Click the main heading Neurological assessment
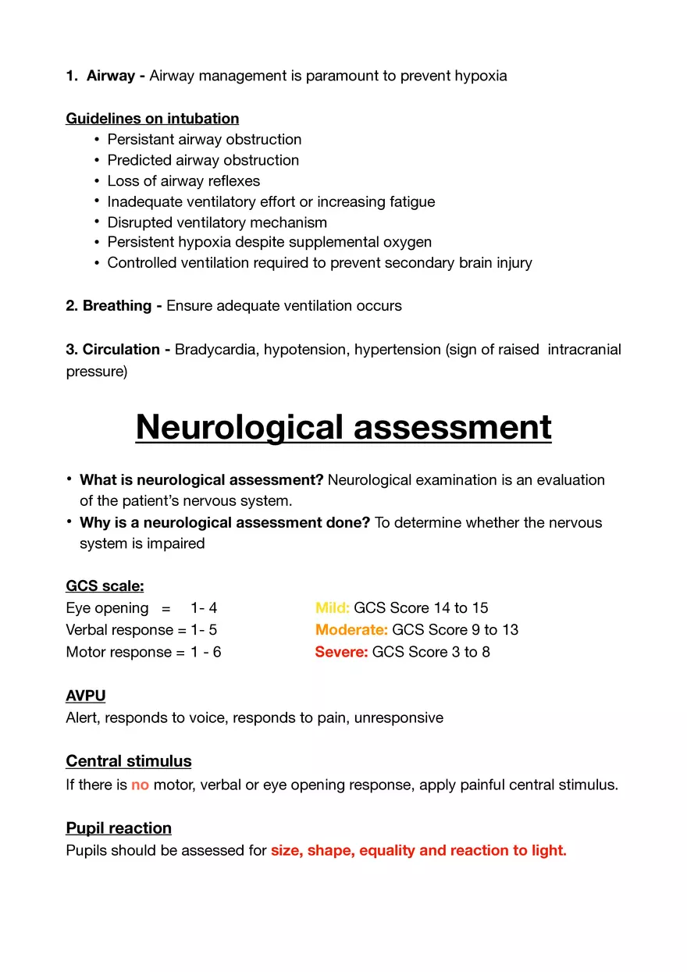343,427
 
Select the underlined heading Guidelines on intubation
152,119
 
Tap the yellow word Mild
332,608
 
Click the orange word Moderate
351,630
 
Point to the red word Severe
341,652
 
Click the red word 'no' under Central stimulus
140,785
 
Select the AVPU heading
86,695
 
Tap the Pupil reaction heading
119,828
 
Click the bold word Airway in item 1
111,76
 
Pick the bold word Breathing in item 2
118,306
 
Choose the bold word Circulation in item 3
122,349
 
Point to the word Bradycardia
215,349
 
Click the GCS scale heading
105,586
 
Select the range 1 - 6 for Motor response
205,652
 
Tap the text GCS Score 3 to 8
431,652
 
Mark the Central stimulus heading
129,761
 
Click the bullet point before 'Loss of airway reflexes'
97,181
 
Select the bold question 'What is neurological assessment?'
201,479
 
